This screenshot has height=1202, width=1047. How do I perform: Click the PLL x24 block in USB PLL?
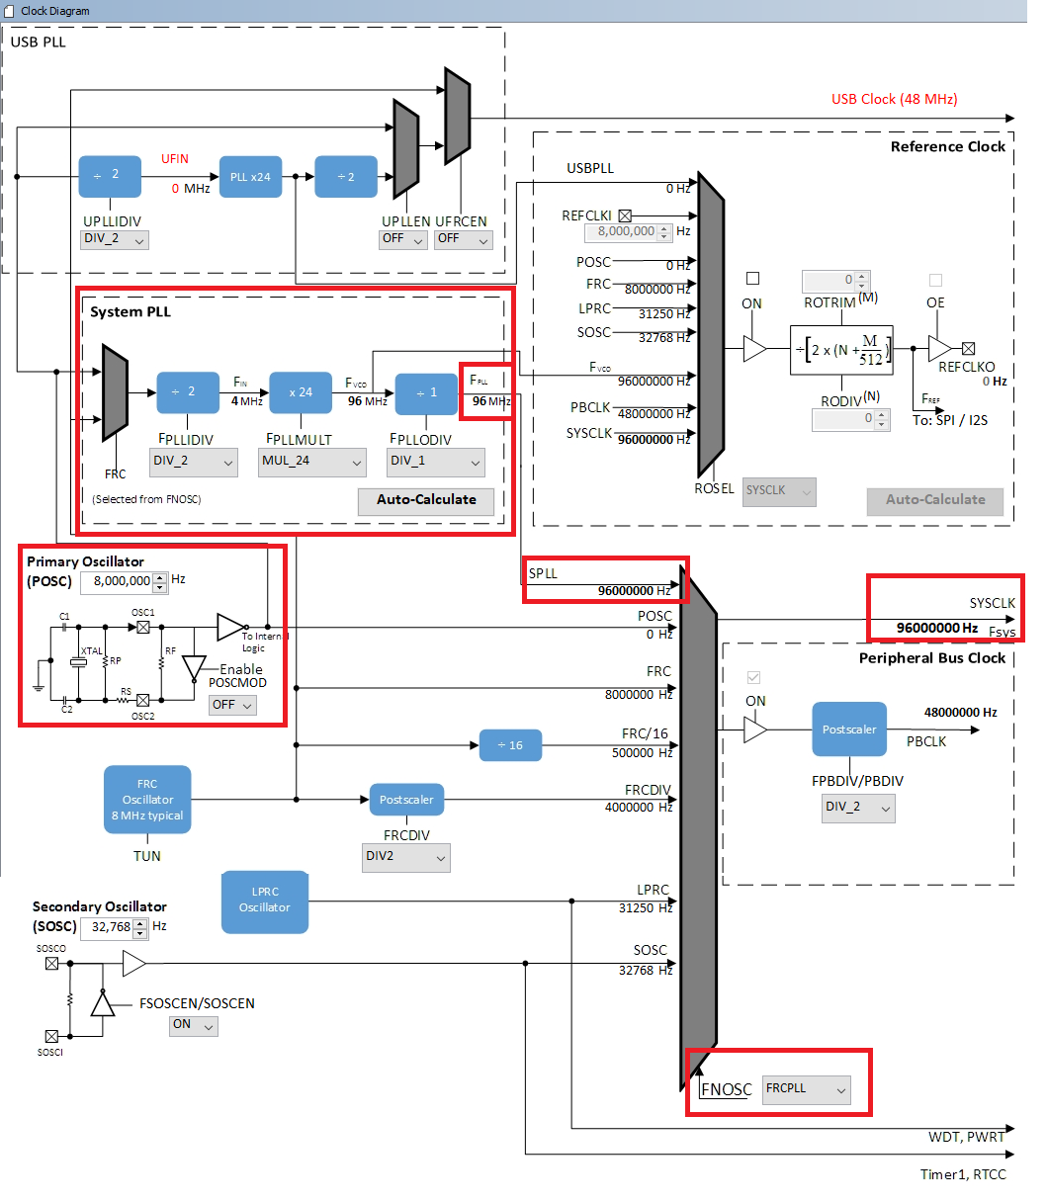click(249, 177)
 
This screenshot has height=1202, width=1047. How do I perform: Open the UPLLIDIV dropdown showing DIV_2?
click(114, 239)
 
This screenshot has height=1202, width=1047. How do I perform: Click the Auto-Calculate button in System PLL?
click(426, 500)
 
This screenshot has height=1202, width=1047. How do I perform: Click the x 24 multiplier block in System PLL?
click(301, 392)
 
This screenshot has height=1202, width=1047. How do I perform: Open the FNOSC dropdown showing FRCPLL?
click(807, 1089)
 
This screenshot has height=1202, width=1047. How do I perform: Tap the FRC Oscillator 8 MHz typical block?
click(147, 800)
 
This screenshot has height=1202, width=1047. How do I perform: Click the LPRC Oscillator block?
click(264, 901)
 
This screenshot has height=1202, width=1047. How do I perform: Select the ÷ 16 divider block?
click(510, 745)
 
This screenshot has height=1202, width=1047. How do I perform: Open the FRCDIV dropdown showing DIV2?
click(405, 857)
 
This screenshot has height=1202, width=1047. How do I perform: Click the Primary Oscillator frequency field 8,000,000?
click(123, 582)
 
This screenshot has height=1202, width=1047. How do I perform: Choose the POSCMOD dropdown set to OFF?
click(232, 705)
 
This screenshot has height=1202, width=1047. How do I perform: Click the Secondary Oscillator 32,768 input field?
click(112, 928)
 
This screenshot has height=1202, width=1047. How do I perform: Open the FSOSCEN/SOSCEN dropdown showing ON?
click(194, 1025)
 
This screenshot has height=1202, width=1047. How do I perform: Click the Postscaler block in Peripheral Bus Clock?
click(849, 730)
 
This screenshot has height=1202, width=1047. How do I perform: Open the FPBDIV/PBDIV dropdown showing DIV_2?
click(857, 808)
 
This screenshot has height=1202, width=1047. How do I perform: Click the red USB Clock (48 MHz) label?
click(894, 99)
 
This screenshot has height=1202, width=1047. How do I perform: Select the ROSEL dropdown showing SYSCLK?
click(779, 491)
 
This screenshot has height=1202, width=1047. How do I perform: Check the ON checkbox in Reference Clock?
click(752, 279)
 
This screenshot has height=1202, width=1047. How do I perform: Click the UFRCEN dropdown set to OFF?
click(463, 238)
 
